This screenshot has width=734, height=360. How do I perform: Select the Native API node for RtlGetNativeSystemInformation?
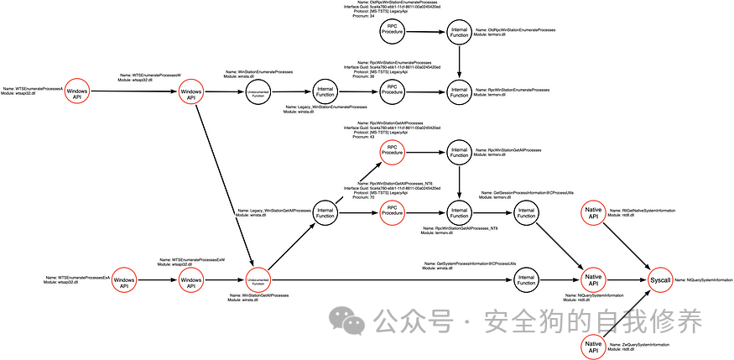pyautogui.click(x=593, y=213)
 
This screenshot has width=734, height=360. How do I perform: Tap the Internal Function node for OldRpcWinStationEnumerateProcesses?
pyautogui.click(x=459, y=31)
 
